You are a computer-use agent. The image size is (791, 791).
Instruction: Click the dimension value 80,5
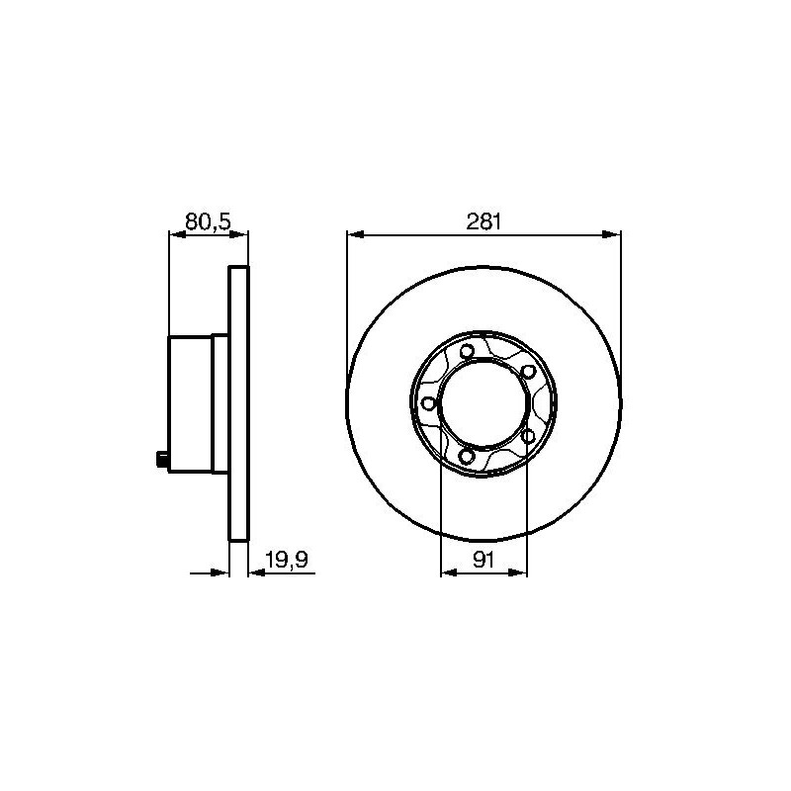point(208,221)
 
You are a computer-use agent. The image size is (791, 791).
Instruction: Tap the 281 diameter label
point(483,221)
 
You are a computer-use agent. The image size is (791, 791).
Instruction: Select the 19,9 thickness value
point(287,560)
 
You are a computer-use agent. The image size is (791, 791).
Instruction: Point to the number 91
point(483,560)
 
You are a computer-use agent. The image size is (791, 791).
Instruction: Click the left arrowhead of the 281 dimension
point(356,234)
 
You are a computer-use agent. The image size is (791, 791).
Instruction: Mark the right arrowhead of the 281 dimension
point(611,234)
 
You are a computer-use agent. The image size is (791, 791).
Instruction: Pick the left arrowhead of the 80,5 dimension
point(178,234)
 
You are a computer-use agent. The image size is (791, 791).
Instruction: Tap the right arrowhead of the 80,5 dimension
point(239,234)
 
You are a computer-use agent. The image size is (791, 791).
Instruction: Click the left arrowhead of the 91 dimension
point(450,572)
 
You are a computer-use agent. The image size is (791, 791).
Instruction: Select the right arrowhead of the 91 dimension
point(517,572)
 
